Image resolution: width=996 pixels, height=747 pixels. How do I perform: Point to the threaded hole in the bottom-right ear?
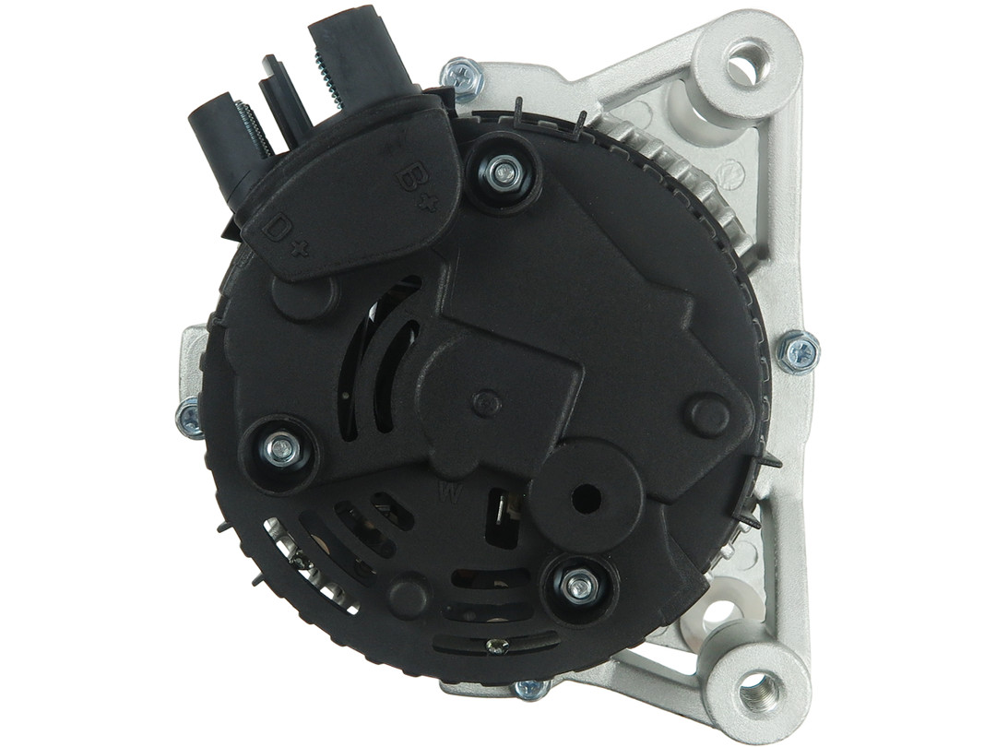coord(758,687)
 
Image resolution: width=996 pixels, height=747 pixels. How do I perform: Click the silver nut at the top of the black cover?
coord(504,172)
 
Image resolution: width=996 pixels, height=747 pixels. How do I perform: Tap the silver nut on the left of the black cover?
coord(280,449)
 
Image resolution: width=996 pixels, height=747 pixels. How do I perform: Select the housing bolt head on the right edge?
coord(797,351)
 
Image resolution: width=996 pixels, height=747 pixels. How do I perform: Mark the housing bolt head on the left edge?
coord(190,417)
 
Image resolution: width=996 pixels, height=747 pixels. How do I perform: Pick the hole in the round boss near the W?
coord(586,499)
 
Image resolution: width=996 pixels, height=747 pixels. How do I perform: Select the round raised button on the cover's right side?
coord(709,416)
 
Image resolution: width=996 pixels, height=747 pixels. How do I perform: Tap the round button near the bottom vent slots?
coord(408,596)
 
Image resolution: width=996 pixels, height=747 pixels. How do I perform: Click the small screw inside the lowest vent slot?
coord(498,646)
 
